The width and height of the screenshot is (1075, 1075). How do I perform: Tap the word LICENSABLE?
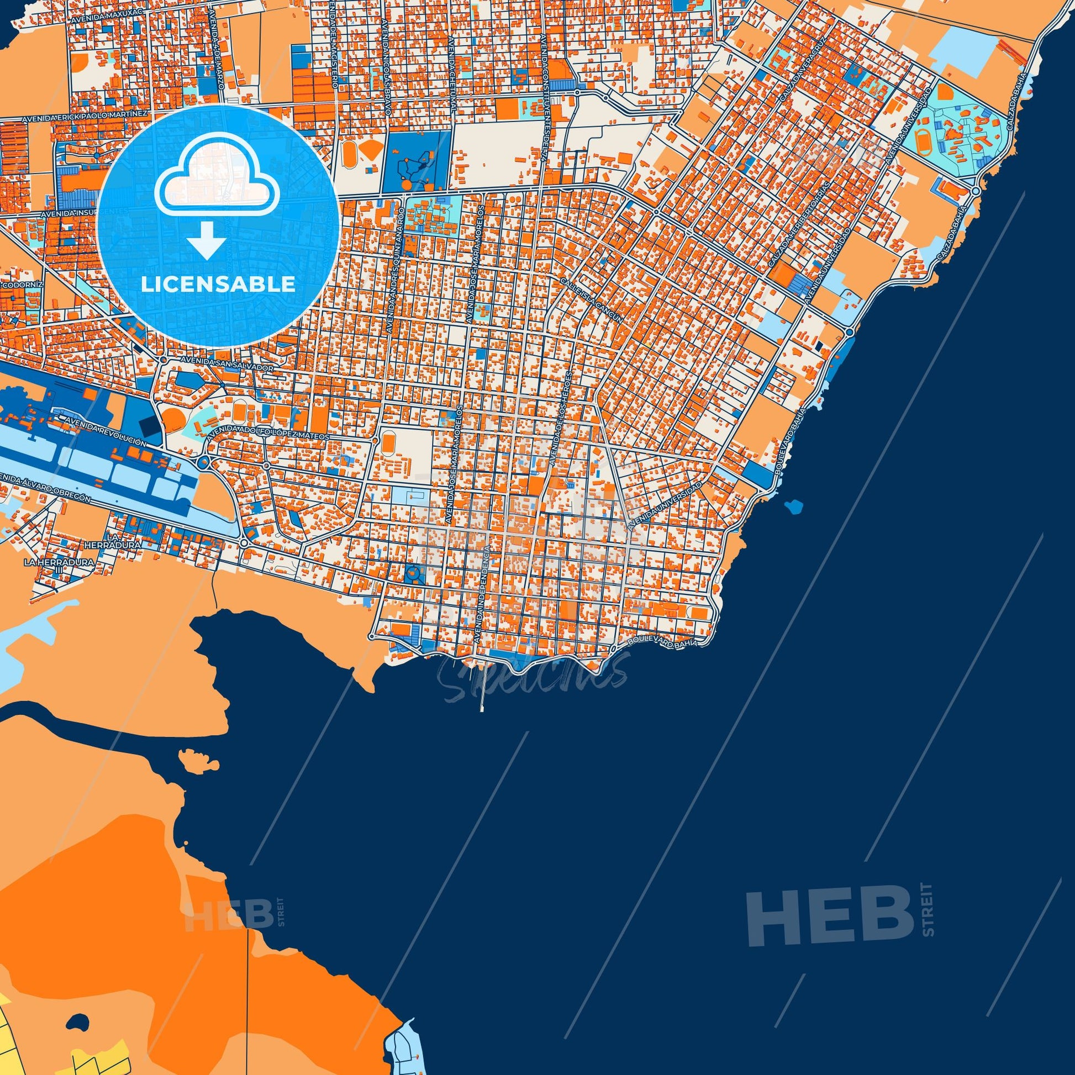[218, 284]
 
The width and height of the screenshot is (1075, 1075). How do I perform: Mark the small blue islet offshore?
[792, 507]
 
